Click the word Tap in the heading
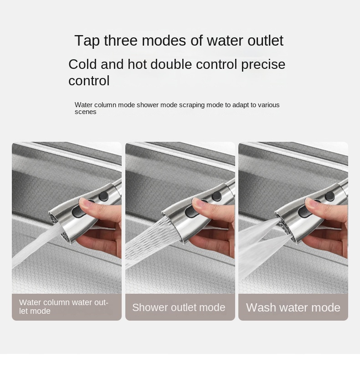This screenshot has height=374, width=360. [x=87, y=41]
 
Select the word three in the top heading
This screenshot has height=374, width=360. [x=121, y=40]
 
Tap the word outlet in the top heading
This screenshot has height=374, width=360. [x=265, y=40]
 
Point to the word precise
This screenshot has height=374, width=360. [x=263, y=65]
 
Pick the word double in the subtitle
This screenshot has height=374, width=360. [x=171, y=64]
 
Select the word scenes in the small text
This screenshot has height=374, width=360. [x=85, y=112]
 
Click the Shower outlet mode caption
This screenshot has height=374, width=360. [x=179, y=307]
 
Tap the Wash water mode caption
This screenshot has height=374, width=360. [x=293, y=307]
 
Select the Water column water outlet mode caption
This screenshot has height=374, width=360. [x=64, y=307]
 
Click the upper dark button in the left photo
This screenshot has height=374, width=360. [x=103, y=196]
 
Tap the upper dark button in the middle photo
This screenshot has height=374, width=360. [x=217, y=196]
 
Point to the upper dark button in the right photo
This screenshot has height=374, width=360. [x=330, y=196]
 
